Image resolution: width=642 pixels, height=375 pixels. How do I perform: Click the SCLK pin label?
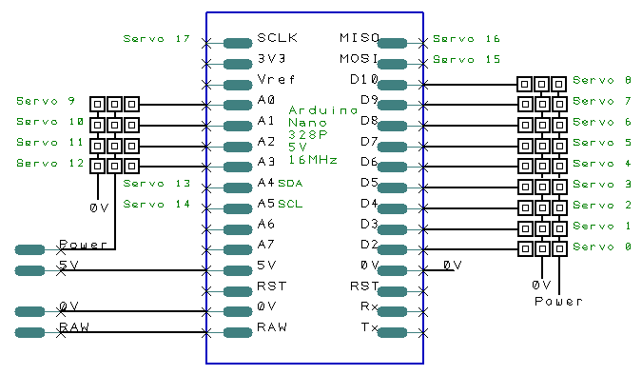277,38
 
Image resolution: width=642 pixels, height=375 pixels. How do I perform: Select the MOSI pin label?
359,59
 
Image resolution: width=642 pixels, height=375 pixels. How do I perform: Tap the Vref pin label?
276,79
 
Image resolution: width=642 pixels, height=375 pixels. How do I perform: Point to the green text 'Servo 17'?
156,38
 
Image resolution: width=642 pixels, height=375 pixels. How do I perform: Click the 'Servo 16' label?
466,38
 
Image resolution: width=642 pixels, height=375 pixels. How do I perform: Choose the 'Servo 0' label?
602,247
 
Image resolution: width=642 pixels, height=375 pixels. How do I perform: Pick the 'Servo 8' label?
602,80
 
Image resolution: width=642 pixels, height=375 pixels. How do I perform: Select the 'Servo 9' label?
46,101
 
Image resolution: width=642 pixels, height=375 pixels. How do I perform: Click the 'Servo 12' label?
50,163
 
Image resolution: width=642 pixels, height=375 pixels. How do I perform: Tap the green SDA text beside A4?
290,183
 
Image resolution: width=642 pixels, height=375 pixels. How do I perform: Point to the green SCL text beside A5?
290,204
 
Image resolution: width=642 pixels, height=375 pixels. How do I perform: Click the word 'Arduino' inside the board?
323,110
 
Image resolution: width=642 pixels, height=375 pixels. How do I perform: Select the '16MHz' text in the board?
313,160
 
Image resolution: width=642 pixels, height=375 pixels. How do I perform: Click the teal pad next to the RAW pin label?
238,332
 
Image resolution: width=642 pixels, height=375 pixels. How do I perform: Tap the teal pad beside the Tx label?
392,332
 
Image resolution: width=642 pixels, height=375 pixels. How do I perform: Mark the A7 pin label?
265,245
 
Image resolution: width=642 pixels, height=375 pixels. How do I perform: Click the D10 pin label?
364,79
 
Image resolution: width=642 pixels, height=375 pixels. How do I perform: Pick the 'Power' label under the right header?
558,301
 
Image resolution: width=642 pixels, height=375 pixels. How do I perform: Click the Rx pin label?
369,306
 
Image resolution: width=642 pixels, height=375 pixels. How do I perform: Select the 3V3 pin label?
271,59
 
